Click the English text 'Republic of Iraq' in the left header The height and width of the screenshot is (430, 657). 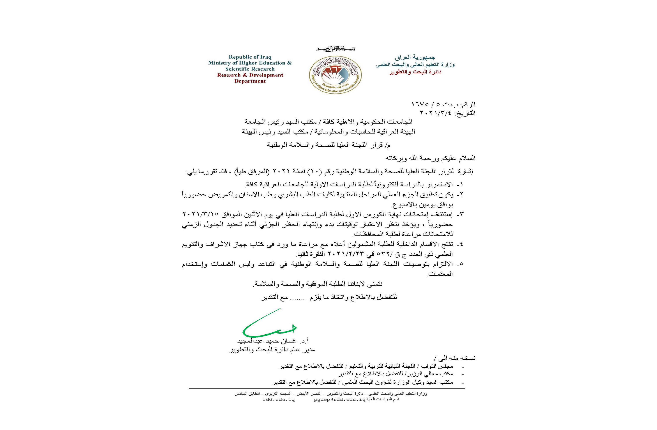[x=250, y=57]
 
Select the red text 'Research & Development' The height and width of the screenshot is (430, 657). [x=250, y=75]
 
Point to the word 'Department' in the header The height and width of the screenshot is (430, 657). [x=250, y=81]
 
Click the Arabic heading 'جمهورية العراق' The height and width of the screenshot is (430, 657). [x=415, y=58]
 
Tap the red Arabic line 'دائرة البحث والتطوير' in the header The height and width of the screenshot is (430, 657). [x=415, y=72]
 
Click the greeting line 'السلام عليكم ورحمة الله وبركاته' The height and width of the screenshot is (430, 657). [x=430, y=158]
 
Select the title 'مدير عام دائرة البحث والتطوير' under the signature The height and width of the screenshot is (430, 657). [x=272, y=350]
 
